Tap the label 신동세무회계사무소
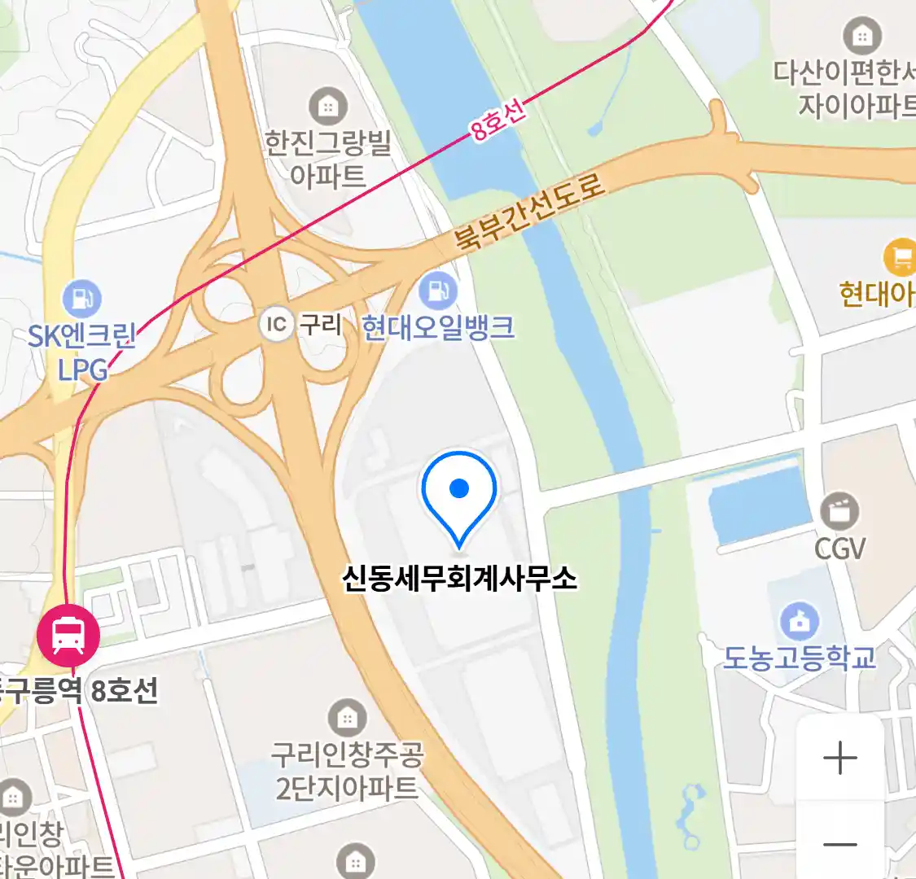[x=459, y=578]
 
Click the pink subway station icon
[x=68, y=636]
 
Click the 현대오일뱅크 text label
[x=438, y=327]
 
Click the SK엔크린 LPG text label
[x=81, y=352]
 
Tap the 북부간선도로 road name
[x=530, y=212]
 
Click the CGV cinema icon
[x=839, y=512]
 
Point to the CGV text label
[x=839, y=549]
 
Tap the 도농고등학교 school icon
[x=800, y=621]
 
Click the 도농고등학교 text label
[x=800, y=657]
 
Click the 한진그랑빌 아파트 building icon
[x=328, y=106]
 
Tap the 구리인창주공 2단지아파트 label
[x=348, y=772]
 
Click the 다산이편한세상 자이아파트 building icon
[x=862, y=36]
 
